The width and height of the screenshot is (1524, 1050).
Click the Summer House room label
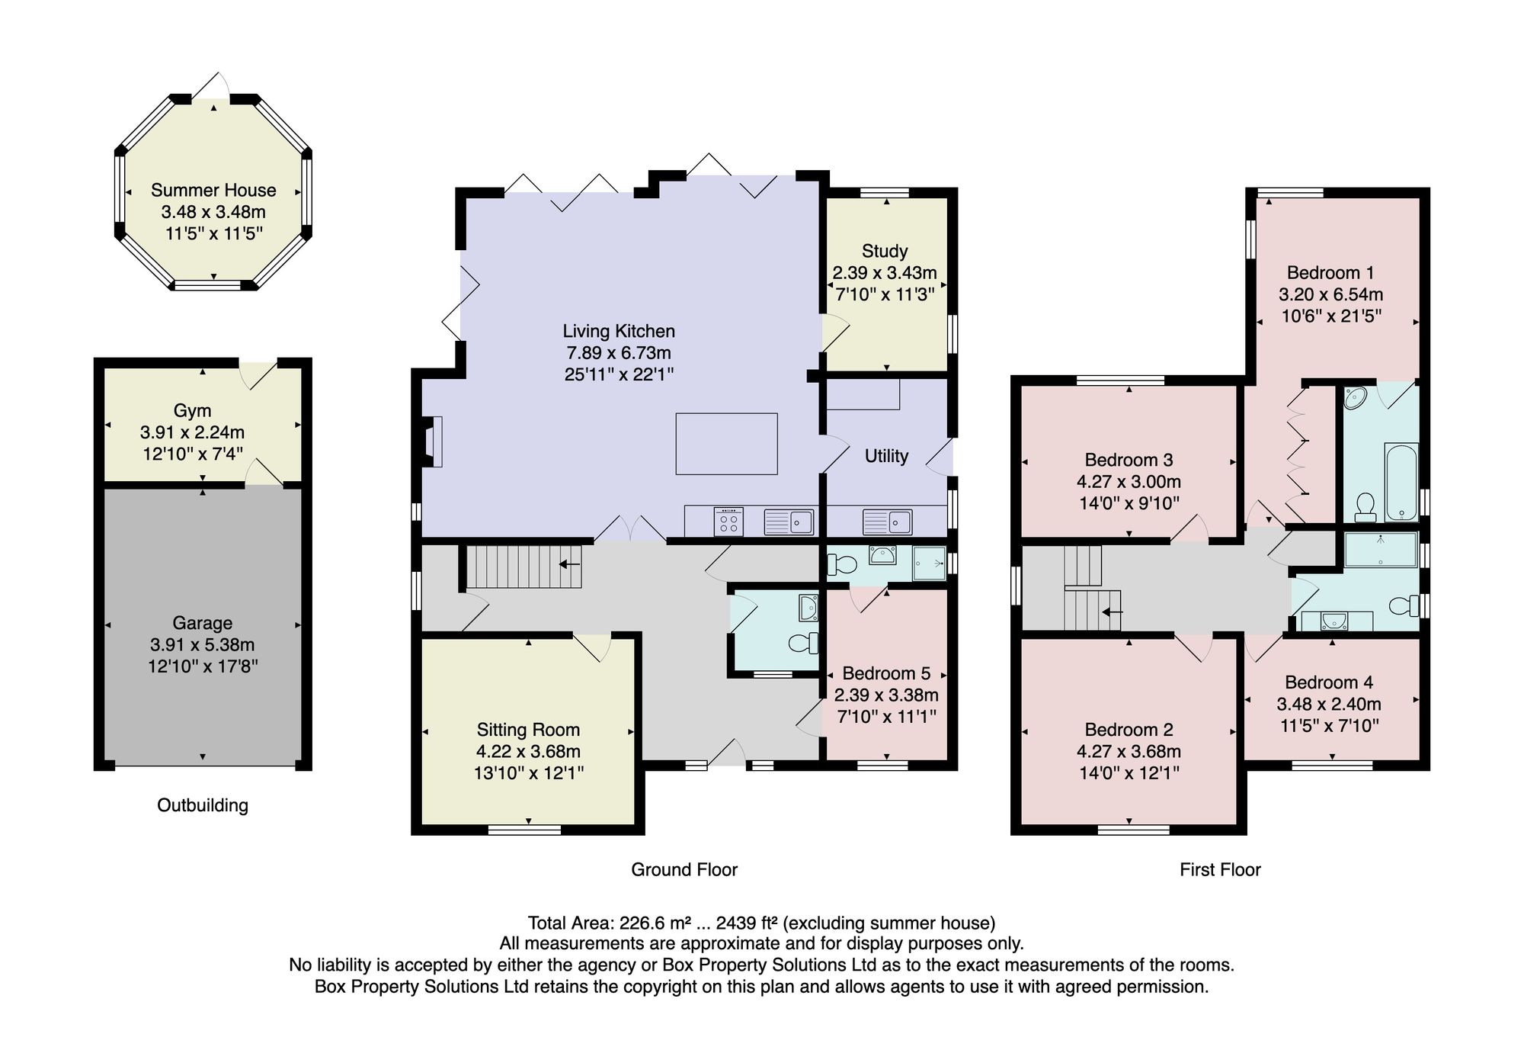tap(213, 190)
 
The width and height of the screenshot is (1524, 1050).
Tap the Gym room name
tap(192, 410)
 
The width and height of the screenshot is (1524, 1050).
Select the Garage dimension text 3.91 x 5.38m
tap(203, 644)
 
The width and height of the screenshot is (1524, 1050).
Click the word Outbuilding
tap(203, 805)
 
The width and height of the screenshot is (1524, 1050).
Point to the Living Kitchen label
tap(619, 331)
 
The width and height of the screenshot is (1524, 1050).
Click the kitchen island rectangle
tap(726, 444)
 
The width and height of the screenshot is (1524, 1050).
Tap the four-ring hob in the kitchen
tap(728, 522)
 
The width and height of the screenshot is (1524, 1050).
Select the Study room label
tap(885, 251)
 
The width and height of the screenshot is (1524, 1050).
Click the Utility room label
tap(886, 456)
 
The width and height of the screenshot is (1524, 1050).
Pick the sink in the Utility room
tap(888, 522)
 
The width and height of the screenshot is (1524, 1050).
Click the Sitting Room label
tap(528, 730)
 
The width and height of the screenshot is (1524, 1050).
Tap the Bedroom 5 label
tap(886, 673)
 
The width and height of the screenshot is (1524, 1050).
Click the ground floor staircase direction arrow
tap(570, 564)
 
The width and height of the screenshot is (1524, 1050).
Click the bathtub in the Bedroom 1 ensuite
tap(1401, 483)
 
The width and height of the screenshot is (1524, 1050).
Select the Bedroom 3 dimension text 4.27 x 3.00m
tap(1129, 482)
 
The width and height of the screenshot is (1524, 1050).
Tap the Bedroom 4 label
tap(1329, 682)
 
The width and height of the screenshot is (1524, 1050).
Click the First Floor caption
tap(1220, 870)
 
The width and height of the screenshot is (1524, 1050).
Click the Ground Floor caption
tap(684, 870)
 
